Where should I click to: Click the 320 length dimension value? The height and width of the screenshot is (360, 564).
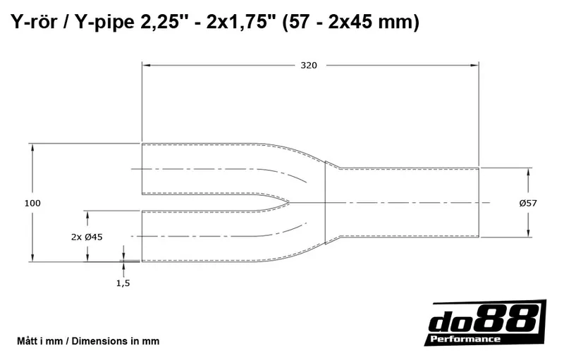(x=309, y=66)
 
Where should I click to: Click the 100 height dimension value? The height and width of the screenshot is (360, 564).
(x=32, y=203)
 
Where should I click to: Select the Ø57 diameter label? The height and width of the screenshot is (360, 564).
(x=528, y=203)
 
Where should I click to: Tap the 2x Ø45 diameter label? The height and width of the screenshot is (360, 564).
(x=87, y=237)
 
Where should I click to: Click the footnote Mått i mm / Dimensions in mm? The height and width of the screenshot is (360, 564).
(x=87, y=341)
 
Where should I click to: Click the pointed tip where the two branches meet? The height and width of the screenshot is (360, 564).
(x=288, y=202)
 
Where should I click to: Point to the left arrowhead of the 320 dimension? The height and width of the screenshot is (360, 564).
(x=146, y=66)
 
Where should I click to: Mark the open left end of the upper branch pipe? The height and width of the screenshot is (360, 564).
(x=142, y=168)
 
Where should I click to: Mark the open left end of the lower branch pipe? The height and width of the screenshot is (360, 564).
(x=142, y=236)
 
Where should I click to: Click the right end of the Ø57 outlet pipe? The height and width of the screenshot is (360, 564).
(x=479, y=202)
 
